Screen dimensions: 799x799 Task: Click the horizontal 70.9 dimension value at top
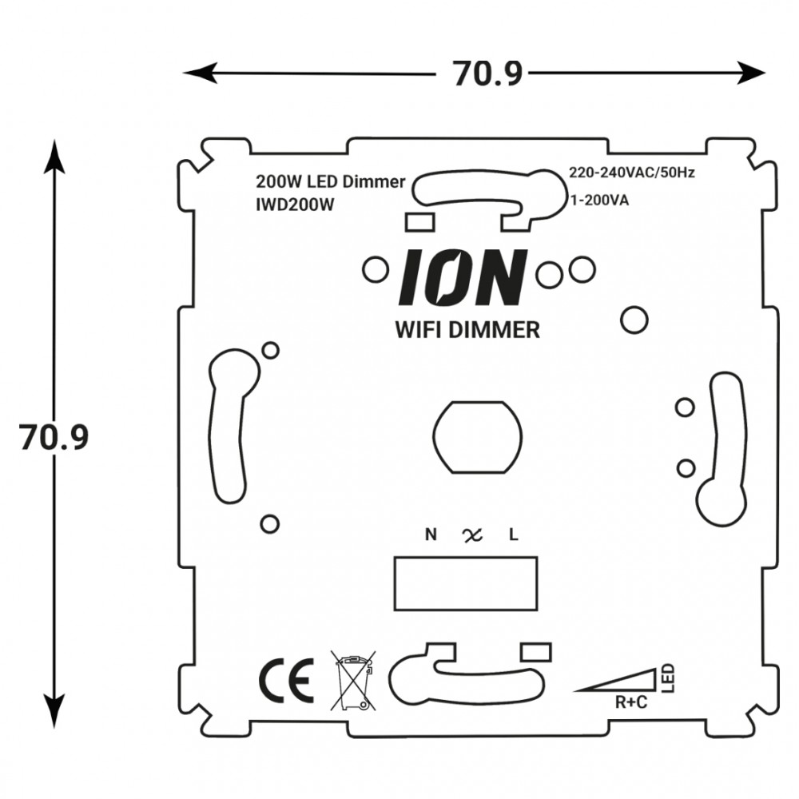coord(487,74)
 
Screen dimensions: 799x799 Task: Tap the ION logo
coord(463,277)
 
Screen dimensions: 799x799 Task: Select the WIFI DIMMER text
coord(467,330)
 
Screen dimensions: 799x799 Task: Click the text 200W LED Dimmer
coord(330,181)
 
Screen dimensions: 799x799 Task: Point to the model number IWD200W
coord(293,205)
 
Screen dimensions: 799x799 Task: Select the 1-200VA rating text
coord(598,200)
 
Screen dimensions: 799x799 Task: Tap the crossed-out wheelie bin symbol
coord(352,681)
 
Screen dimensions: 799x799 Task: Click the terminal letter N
coord(431,535)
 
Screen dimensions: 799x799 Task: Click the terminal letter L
coord(514,535)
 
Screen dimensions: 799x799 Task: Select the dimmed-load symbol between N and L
coord(472,535)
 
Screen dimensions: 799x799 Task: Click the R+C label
coord(631,704)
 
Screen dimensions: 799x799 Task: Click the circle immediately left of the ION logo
coord(374,270)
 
